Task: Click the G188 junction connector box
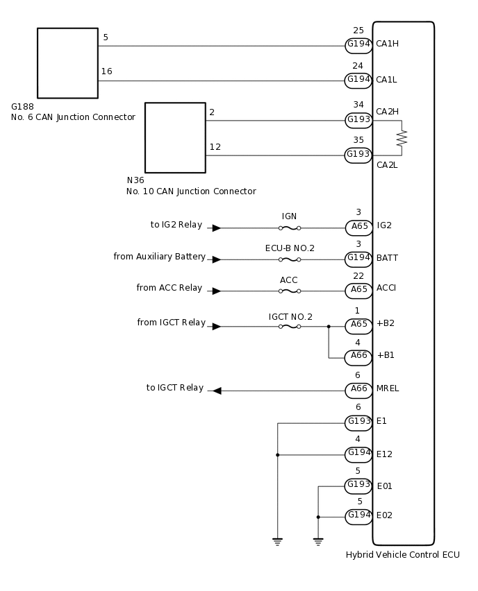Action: pos(67,63)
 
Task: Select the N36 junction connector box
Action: pos(175,137)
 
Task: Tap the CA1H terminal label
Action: pos(387,44)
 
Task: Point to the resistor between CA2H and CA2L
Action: pos(401,138)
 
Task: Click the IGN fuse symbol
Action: pos(290,228)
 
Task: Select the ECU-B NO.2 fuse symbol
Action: pos(290,259)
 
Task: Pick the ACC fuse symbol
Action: pos(290,291)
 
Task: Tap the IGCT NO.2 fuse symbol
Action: pos(290,326)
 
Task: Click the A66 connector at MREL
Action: pos(358,391)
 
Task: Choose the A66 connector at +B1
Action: pos(358,357)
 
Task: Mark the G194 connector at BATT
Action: pos(358,259)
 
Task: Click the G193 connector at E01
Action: pos(358,486)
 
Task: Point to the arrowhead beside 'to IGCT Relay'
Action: pos(217,391)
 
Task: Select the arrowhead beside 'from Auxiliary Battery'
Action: pos(217,259)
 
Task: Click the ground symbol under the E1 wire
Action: pos(277,540)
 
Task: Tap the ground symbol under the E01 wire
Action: pos(318,540)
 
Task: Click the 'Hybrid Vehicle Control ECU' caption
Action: pos(402,555)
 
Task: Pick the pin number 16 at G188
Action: pos(106,71)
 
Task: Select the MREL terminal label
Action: pos(388,388)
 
